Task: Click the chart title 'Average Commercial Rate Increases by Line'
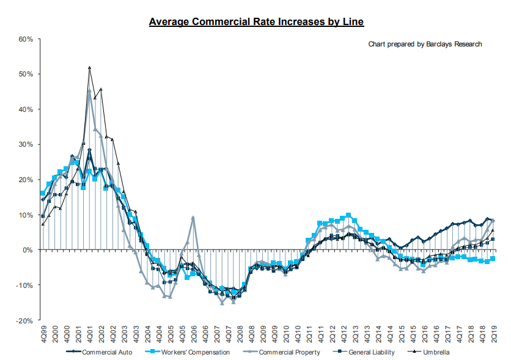coord(257,23)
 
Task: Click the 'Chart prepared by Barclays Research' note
coord(425,44)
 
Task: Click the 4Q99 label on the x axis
coord(43,334)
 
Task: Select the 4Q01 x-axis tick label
coord(89,334)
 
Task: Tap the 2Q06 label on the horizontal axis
coord(193,334)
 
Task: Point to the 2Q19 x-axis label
coord(493,334)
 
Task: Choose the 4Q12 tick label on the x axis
coord(344,334)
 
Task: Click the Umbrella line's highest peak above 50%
coord(89,68)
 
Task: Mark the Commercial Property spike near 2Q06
coord(193,217)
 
